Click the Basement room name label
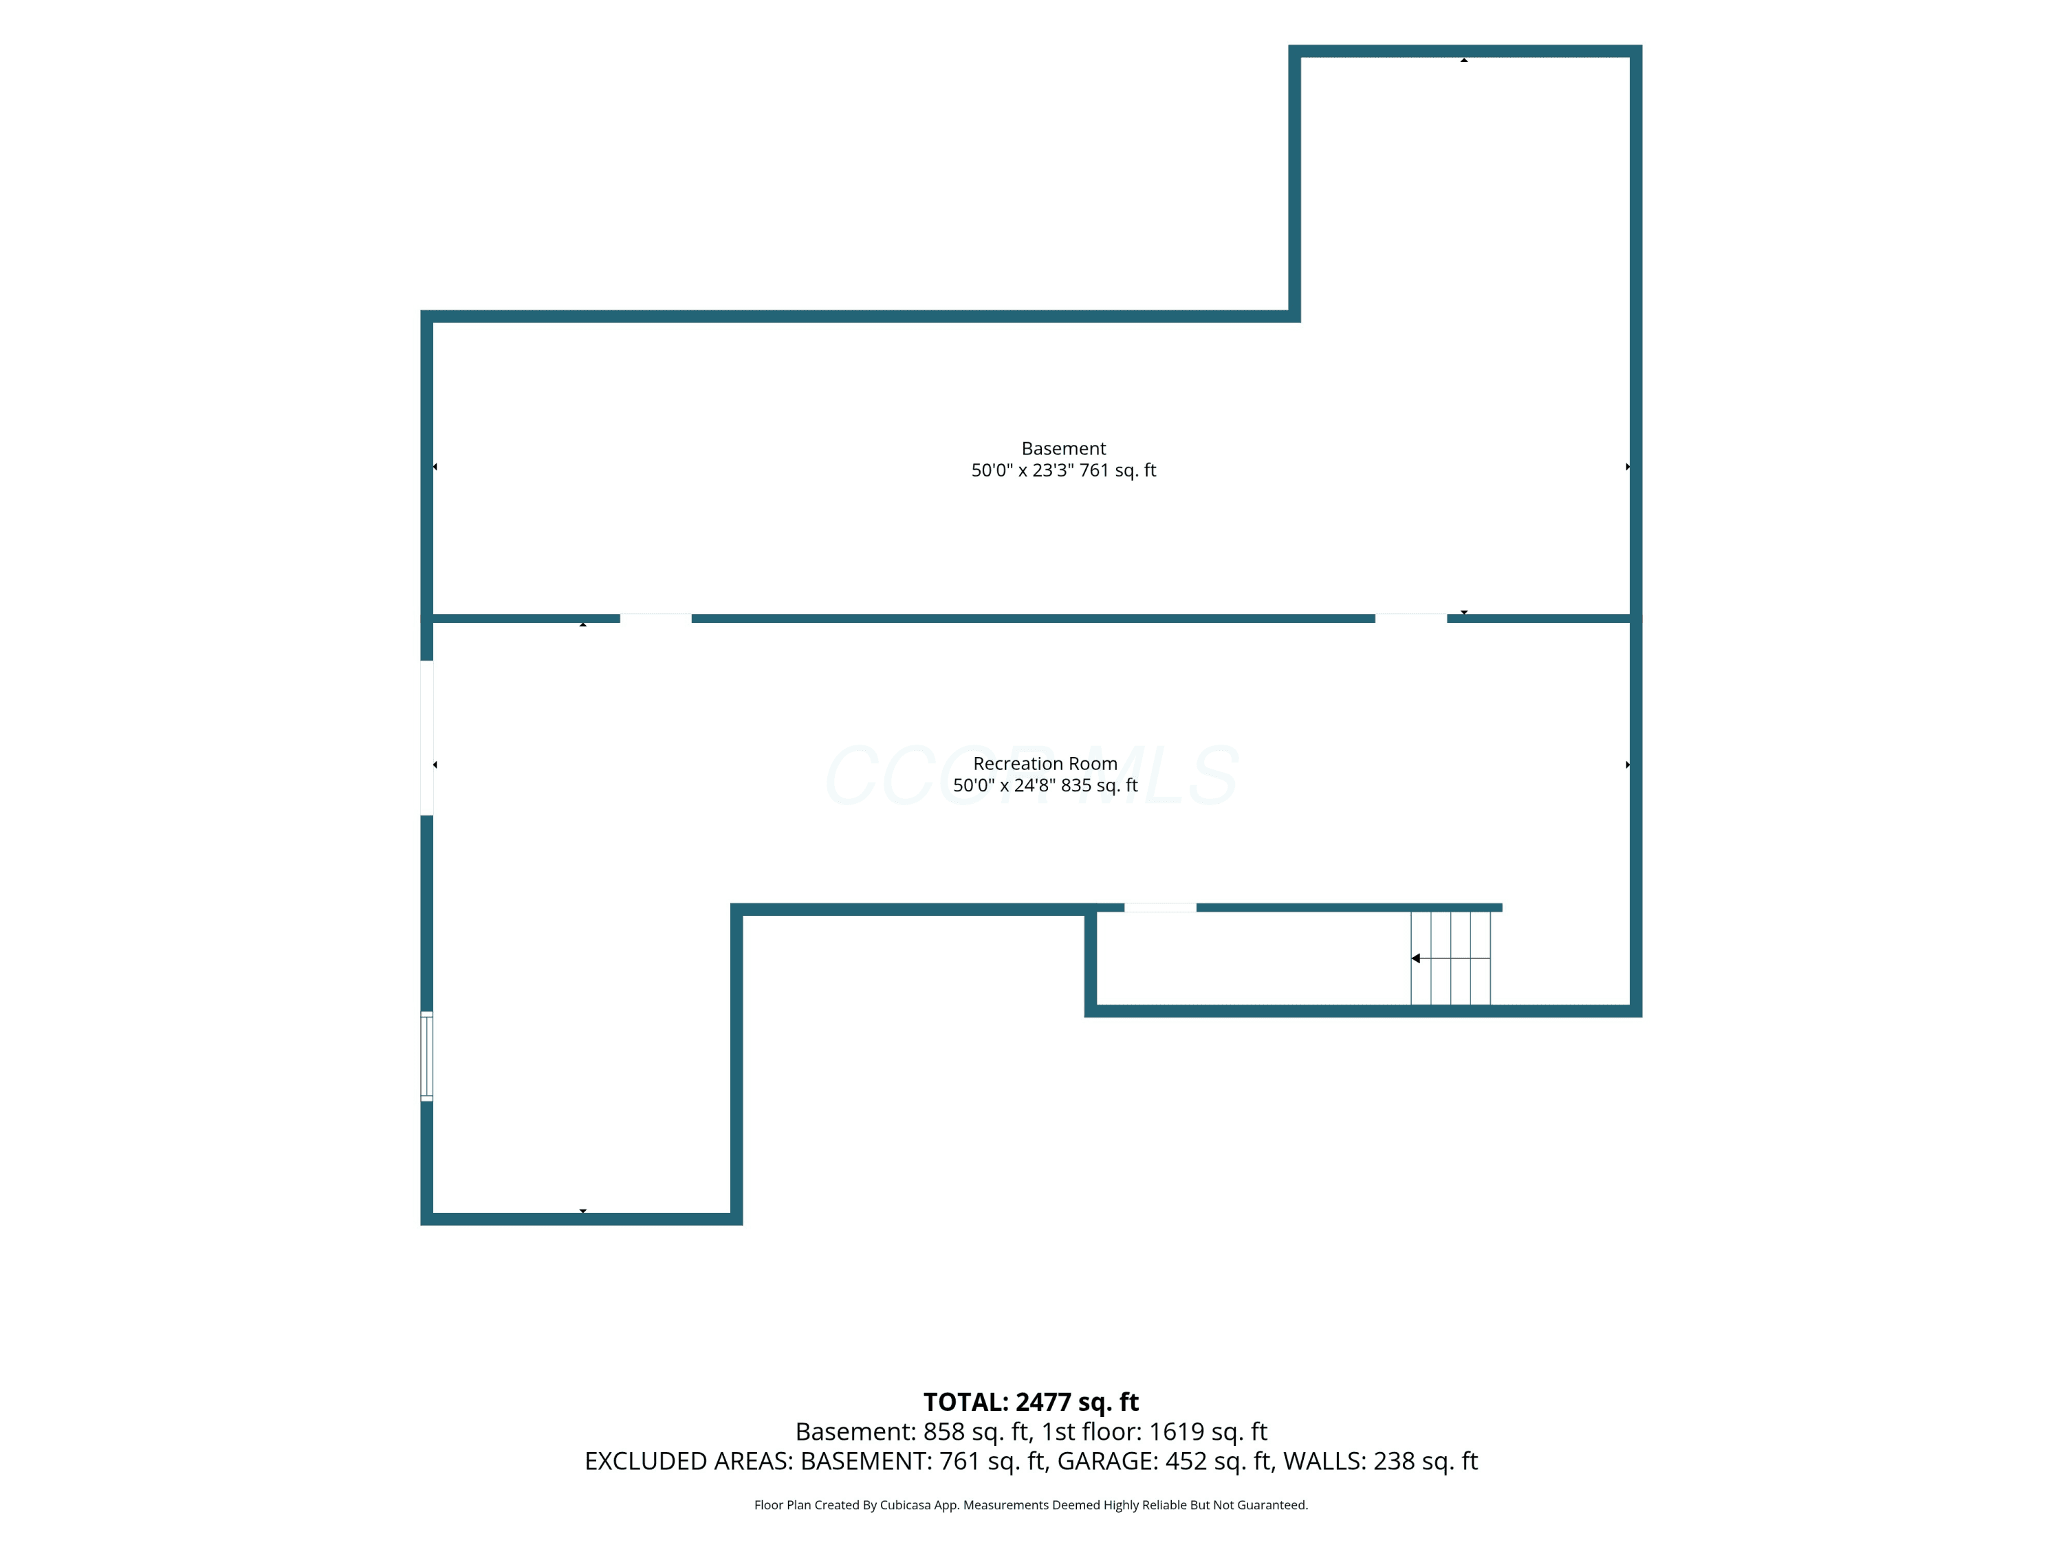tap(1063, 448)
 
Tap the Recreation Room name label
tap(1045, 764)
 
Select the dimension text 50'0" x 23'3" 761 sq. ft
tap(1063, 470)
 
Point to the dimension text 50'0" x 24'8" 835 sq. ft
tap(1045, 785)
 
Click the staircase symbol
tap(1450, 958)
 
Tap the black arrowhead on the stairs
tap(1416, 958)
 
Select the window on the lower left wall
tap(426, 1055)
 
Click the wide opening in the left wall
tap(426, 738)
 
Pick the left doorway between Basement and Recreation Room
tap(655, 618)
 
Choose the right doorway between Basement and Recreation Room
tap(1411, 618)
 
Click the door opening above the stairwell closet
tap(1160, 908)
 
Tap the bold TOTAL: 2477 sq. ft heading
tap(1031, 1401)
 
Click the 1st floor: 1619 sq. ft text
tap(1155, 1431)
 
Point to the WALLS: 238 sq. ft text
tap(1380, 1461)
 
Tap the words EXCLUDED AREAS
tap(688, 1461)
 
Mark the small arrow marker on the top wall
tap(1464, 60)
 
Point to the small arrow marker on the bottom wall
tap(583, 1211)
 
